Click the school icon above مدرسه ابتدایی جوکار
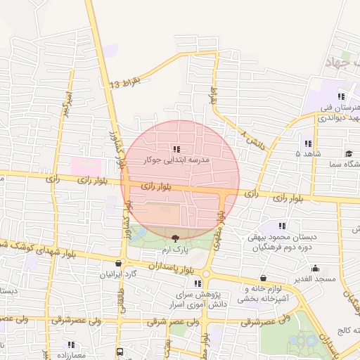click(x=175, y=149)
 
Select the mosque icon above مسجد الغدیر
click(x=316, y=268)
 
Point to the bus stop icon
click(x=121, y=350)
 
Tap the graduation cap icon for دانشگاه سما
click(x=348, y=153)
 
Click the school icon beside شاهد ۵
click(x=307, y=143)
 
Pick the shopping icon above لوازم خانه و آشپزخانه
click(x=263, y=278)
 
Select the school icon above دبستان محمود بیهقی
click(x=282, y=226)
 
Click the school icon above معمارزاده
click(x=71, y=345)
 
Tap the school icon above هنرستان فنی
click(x=341, y=96)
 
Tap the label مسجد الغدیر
click(x=316, y=279)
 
